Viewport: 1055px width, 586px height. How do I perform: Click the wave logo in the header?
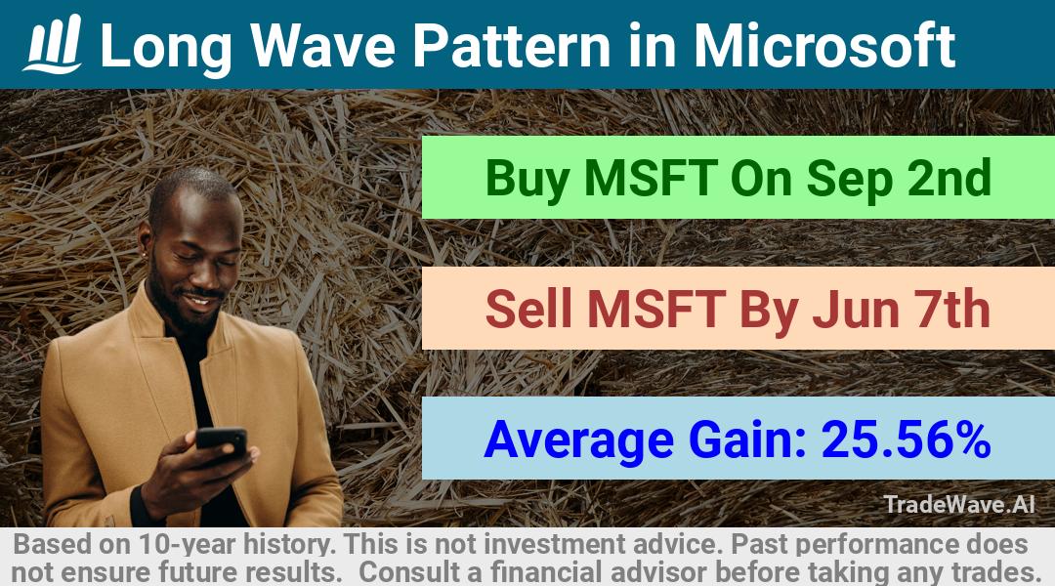(x=53, y=43)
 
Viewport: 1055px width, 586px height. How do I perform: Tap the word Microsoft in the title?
(x=824, y=46)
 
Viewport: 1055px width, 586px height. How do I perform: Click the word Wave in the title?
(x=323, y=46)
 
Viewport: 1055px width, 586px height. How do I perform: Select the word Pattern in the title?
(x=511, y=46)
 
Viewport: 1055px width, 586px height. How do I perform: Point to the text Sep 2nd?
(x=899, y=179)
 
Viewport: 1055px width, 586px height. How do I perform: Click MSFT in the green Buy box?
(x=650, y=178)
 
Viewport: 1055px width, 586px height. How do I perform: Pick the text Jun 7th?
(x=901, y=309)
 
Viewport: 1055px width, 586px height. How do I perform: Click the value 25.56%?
(x=906, y=439)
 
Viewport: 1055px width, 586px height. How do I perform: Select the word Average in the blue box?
(x=578, y=440)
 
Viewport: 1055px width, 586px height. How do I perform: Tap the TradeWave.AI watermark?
(x=959, y=504)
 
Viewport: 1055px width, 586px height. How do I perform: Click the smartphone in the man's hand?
(x=222, y=439)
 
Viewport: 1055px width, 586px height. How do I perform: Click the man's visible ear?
(x=145, y=240)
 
